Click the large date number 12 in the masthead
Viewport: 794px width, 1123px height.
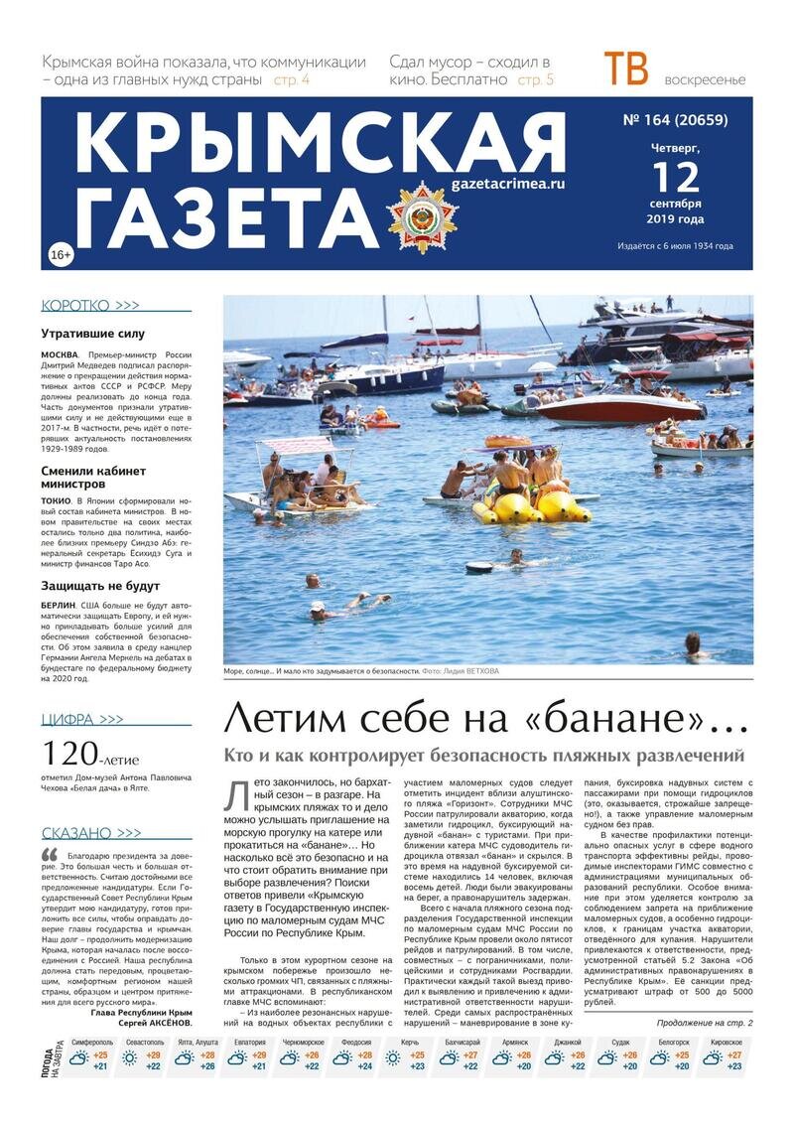pos(675,179)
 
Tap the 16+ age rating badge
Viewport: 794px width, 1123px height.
pos(60,256)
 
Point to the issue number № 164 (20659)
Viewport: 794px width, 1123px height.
pos(674,121)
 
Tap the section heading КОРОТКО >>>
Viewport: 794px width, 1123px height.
pos(90,306)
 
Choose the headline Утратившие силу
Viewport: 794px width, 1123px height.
pos(92,334)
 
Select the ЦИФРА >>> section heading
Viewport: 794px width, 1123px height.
pos(82,719)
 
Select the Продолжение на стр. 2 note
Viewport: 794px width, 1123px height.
pos(704,1023)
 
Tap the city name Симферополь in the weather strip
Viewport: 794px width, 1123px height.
pos(91,1042)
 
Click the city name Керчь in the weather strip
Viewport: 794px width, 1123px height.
pos(410,1042)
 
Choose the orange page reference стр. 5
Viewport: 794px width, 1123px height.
pos(536,79)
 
